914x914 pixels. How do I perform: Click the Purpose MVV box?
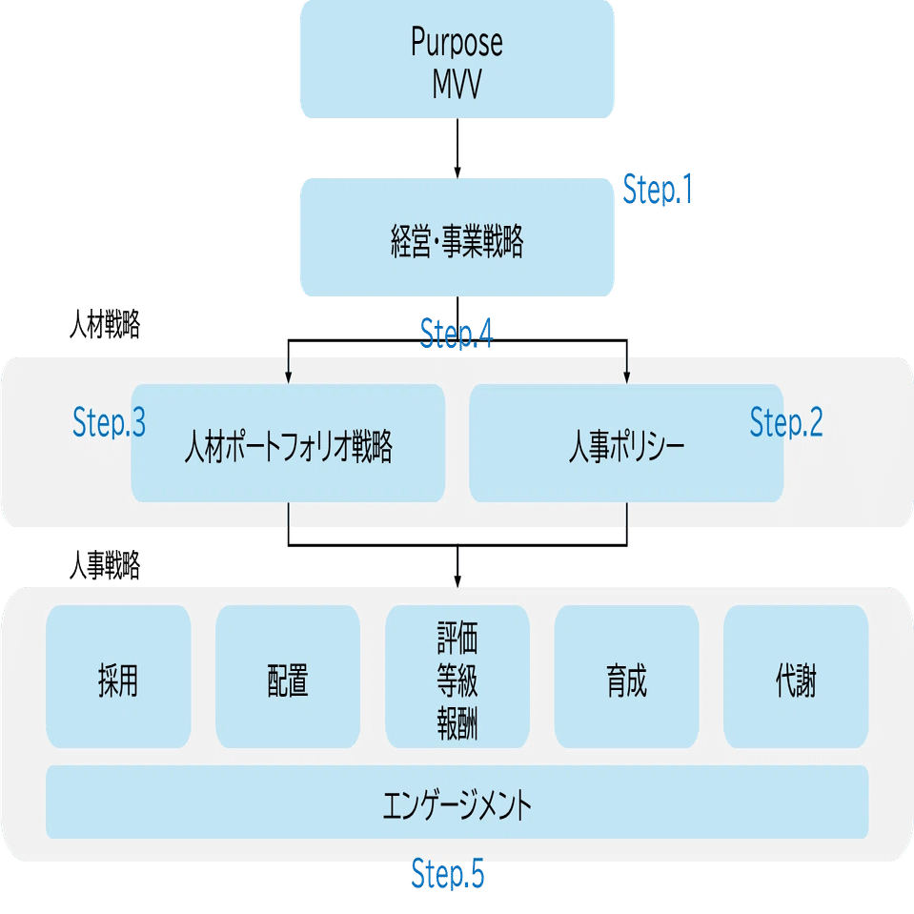pos(457,59)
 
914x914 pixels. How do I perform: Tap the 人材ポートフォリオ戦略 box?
pos(288,444)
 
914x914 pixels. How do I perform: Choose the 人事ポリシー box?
pos(626,444)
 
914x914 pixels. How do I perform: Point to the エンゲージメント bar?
pos(457,802)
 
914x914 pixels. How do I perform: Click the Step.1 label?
pos(658,191)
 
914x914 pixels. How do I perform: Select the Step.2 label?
pos(786,422)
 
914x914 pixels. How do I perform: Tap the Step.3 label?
pos(109,423)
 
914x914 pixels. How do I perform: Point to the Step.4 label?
pos(457,333)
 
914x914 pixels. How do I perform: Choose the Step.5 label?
pos(447,873)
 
